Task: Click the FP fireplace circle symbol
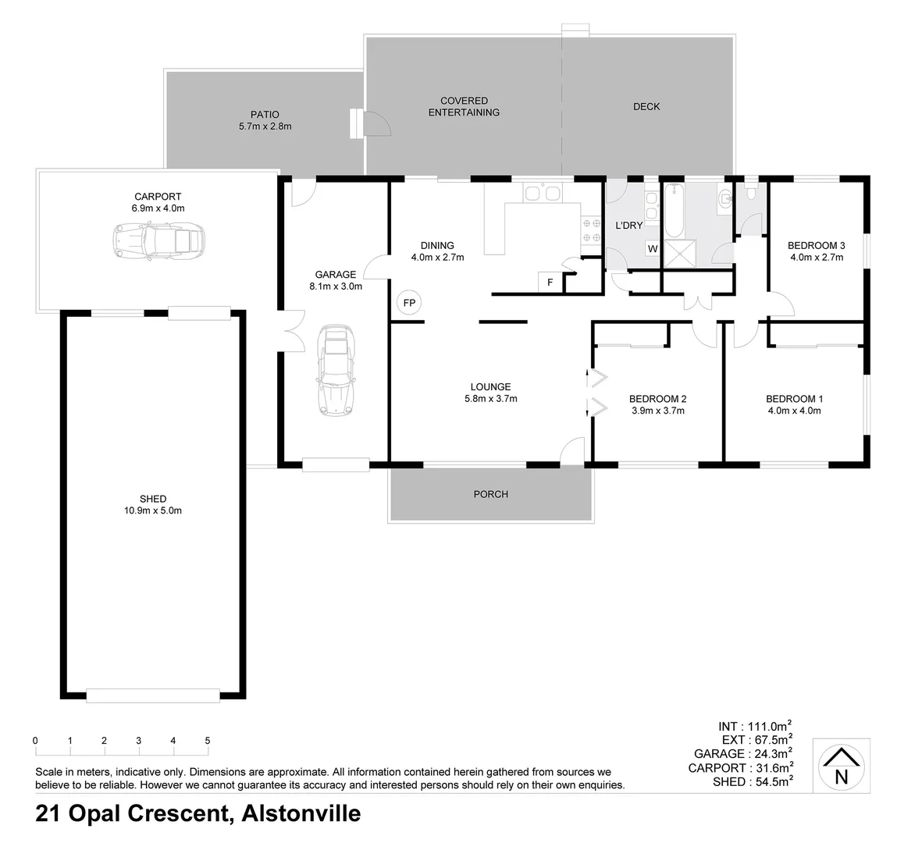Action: [408, 301]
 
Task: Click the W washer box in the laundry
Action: [651, 249]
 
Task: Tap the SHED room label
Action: [153, 499]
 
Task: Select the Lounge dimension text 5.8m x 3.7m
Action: [490, 398]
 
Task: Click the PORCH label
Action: [490, 494]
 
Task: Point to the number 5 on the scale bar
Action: [208, 740]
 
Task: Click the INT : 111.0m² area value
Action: [755, 725]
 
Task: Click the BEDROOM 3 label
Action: [817, 245]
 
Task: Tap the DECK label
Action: [646, 106]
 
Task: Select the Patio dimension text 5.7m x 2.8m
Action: [265, 126]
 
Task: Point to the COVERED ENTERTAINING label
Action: [464, 106]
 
